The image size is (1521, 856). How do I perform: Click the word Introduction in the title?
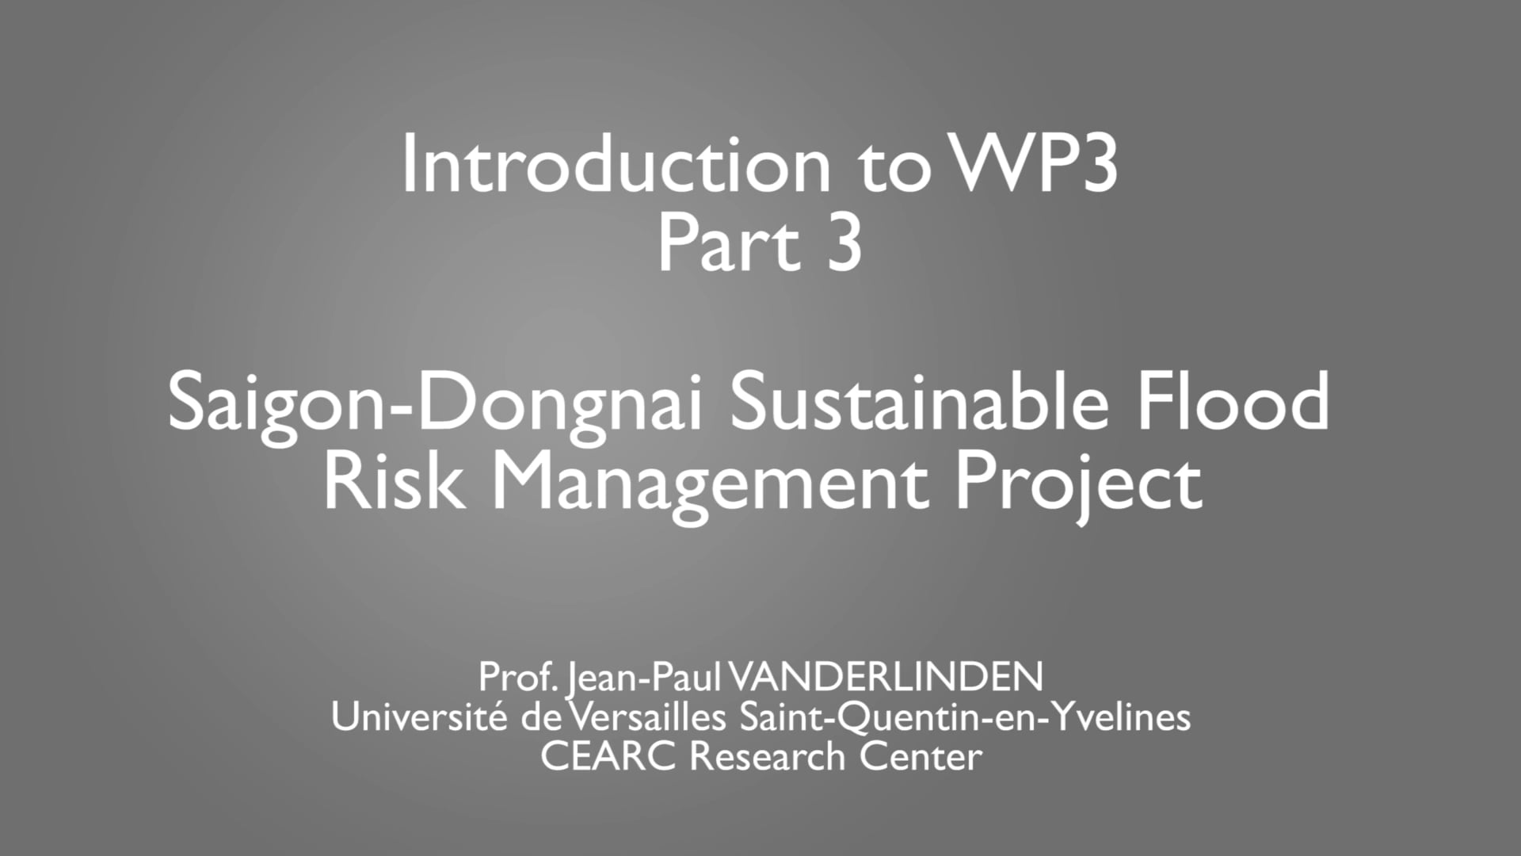[616, 165]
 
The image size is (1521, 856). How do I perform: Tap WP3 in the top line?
[1034, 165]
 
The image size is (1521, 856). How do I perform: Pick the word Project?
[1079, 483]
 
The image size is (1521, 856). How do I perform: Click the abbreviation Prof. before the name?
[519, 677]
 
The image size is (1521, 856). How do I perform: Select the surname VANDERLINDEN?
[885, 677]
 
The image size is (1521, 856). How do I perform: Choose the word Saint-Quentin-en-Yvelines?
[965, 718]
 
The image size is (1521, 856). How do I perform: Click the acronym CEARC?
[608, 757]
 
